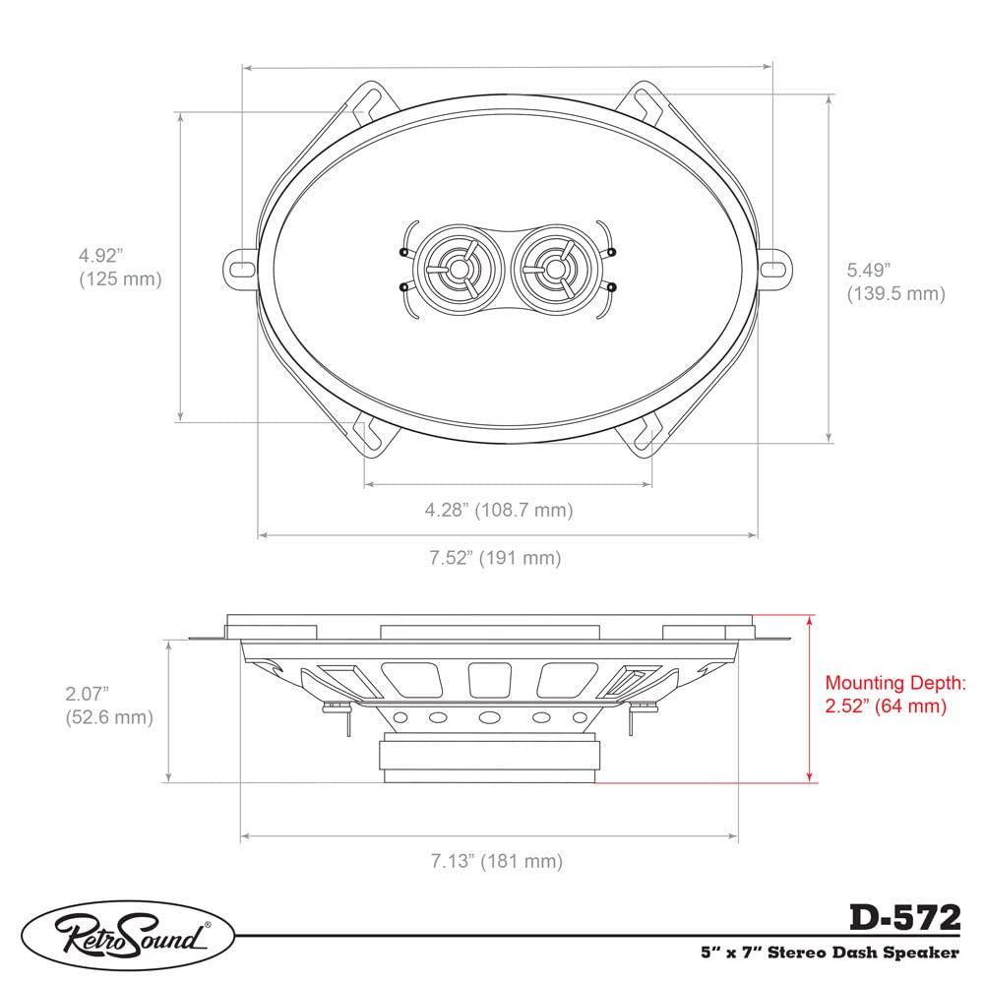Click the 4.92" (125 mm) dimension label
pos(119,267)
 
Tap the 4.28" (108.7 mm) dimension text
pos(498,510)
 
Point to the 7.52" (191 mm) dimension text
pos(494,558)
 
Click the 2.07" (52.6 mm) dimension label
pos(108,706)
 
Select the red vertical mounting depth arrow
pos(810,699)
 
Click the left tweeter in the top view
pos(456,267)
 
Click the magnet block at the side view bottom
pos(488,760)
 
